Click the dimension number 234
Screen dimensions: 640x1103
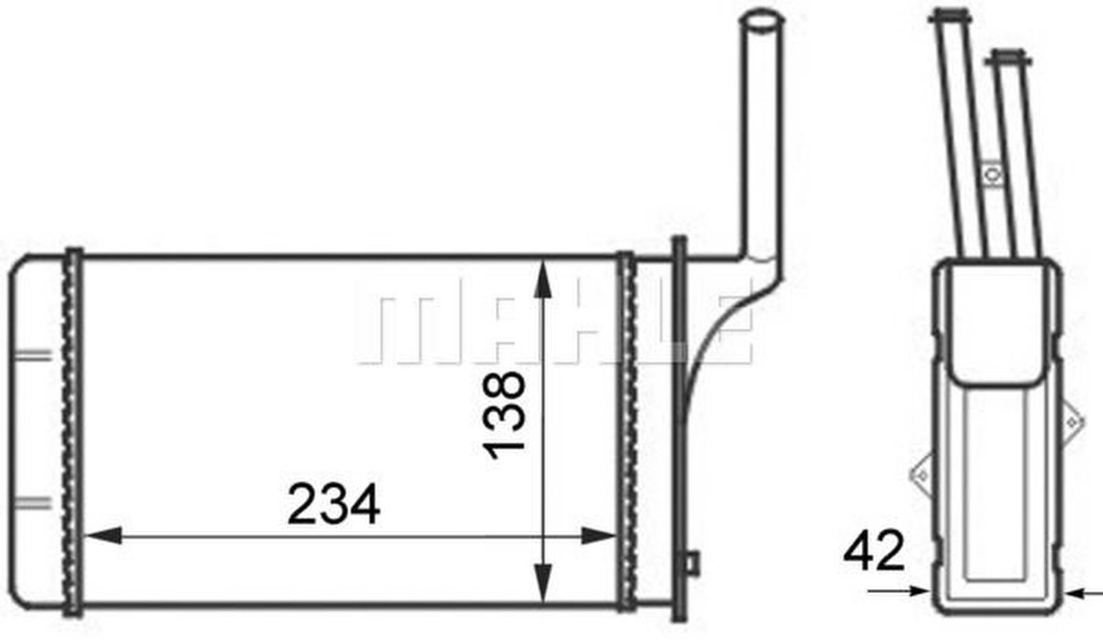click(334, 504)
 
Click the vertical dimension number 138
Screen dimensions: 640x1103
click(504, 416)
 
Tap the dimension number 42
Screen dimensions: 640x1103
click(873, 551)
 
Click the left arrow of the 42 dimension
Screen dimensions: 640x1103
click(917, 590)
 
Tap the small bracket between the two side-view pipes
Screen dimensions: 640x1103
click(992, 174)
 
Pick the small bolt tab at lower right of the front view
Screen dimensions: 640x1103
click(691, 562)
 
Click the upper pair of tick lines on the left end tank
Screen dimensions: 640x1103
click(33, 355)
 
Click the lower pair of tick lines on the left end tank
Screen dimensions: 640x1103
click(33, 503)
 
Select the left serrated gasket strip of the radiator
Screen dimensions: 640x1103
click(72, 432)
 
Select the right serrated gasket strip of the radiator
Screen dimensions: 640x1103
click(626, 432)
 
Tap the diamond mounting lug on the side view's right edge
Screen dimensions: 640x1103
click(1072, 421)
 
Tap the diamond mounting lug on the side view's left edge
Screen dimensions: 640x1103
click(921, 475)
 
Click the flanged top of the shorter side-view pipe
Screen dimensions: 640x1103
click(1007, 59)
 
